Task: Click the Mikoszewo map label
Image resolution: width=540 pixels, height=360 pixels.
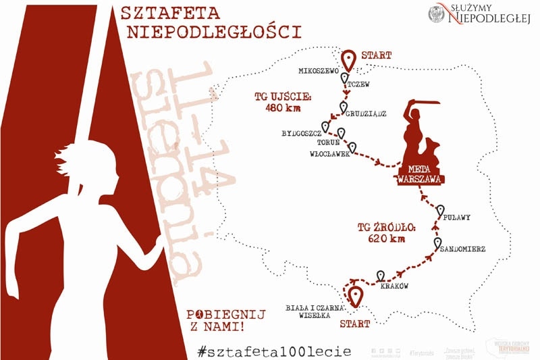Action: pos(318,70)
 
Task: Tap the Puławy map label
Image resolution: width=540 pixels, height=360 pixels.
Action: pos(457,217)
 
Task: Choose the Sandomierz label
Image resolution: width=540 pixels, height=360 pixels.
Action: pos(462,249)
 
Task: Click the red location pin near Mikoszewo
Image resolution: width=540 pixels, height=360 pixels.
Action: pos(348,59)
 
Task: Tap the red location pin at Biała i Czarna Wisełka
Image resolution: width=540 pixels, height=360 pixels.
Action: pos(354,296)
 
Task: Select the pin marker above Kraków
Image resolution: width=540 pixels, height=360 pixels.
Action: pos(381,276)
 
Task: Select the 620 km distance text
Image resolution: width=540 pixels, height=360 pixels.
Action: pos(387,238)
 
